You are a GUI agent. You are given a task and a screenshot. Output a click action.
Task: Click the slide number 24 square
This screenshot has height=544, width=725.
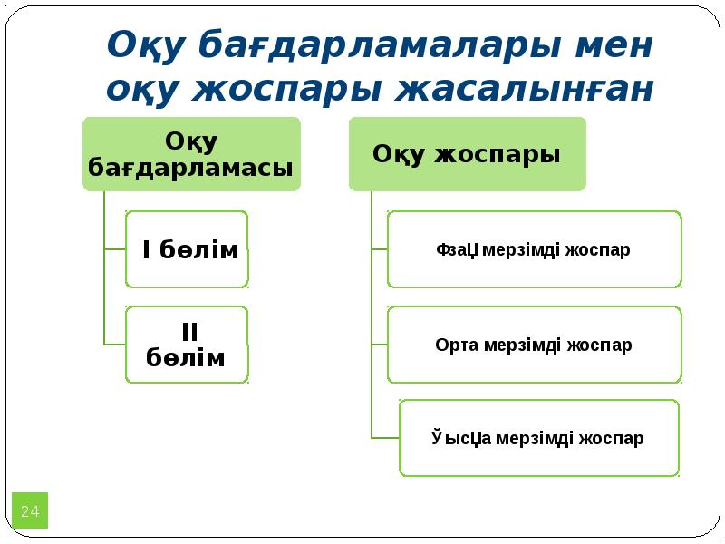tap(30, 511)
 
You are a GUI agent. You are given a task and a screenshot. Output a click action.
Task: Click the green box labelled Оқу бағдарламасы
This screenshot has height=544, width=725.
tap(191, 153)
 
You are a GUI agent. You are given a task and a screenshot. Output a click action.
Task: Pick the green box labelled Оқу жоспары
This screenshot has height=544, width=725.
tap(467, 153)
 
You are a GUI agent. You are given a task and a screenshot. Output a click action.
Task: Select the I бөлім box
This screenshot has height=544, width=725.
tap(187, 249)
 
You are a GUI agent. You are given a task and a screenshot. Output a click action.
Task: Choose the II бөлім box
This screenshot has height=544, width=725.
tap(187, 345)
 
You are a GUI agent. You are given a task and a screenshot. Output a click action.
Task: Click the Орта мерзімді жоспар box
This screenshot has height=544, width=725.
tap(534, 345)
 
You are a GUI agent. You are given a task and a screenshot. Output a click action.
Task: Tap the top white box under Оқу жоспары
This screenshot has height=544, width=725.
tap(534, 249)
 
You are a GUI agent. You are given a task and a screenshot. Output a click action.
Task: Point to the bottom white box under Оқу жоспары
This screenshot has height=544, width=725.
tap(538, 438)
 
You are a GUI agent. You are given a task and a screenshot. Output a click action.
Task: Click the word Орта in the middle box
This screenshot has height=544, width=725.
tap(457, 345)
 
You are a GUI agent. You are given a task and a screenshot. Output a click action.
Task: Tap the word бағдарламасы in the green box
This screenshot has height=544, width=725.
tap(191, 168)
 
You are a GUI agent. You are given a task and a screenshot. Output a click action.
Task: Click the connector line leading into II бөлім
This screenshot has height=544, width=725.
tap(115, 345)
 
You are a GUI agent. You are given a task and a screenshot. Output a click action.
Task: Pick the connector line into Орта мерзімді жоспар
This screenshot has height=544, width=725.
tap(380, 345)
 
